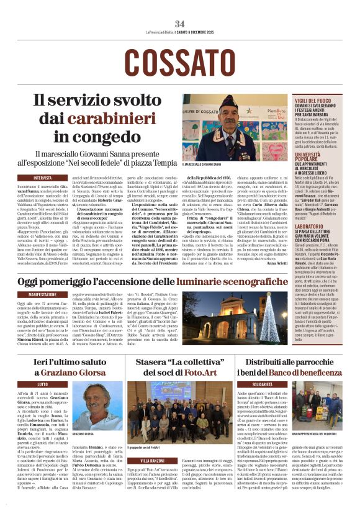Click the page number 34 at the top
click(x=180, y=24)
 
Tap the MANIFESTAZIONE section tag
click(x=46, y=294)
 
